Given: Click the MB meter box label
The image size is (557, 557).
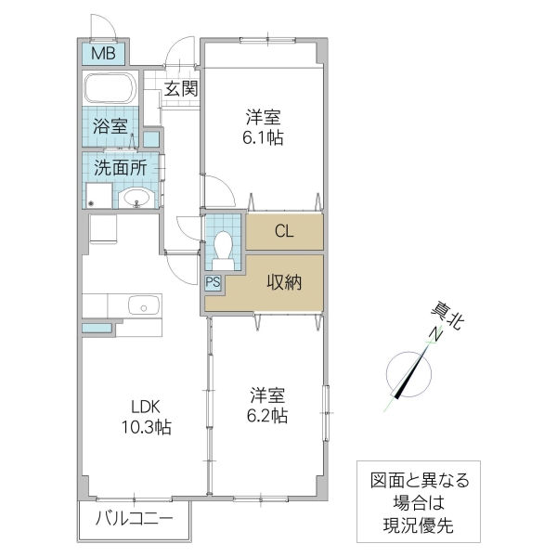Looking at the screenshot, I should click(103, 54).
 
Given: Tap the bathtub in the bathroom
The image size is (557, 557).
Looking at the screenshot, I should click(110, 90).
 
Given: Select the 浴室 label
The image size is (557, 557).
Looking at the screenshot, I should click(110, 127).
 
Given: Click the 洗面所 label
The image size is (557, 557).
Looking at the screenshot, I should click(120, 168).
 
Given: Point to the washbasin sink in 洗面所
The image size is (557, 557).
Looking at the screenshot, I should click(136, 197).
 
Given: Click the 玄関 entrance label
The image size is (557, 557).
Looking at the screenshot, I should click(181, 89).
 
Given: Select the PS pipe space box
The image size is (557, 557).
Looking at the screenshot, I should click(213, 282).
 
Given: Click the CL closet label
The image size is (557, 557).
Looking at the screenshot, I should click(284, 232).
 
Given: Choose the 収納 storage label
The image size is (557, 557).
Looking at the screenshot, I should click(284, 283).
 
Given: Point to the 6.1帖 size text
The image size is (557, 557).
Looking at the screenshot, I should click(265, 138).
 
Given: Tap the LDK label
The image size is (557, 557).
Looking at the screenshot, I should click(145, 406).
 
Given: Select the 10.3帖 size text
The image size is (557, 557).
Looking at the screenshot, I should click(145, 427).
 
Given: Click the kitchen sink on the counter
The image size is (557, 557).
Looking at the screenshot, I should click(143, 304).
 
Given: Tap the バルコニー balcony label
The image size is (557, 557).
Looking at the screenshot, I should click(134, 521).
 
